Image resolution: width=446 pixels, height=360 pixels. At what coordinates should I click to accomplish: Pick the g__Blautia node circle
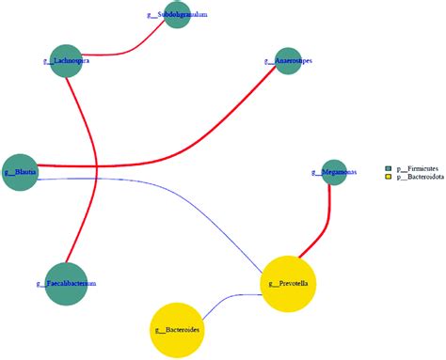19,172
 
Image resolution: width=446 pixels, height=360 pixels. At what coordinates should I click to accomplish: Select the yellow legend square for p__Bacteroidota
388,177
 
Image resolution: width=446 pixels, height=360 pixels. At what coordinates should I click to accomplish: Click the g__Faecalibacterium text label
72,282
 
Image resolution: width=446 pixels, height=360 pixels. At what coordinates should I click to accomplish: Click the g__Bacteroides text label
178,331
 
